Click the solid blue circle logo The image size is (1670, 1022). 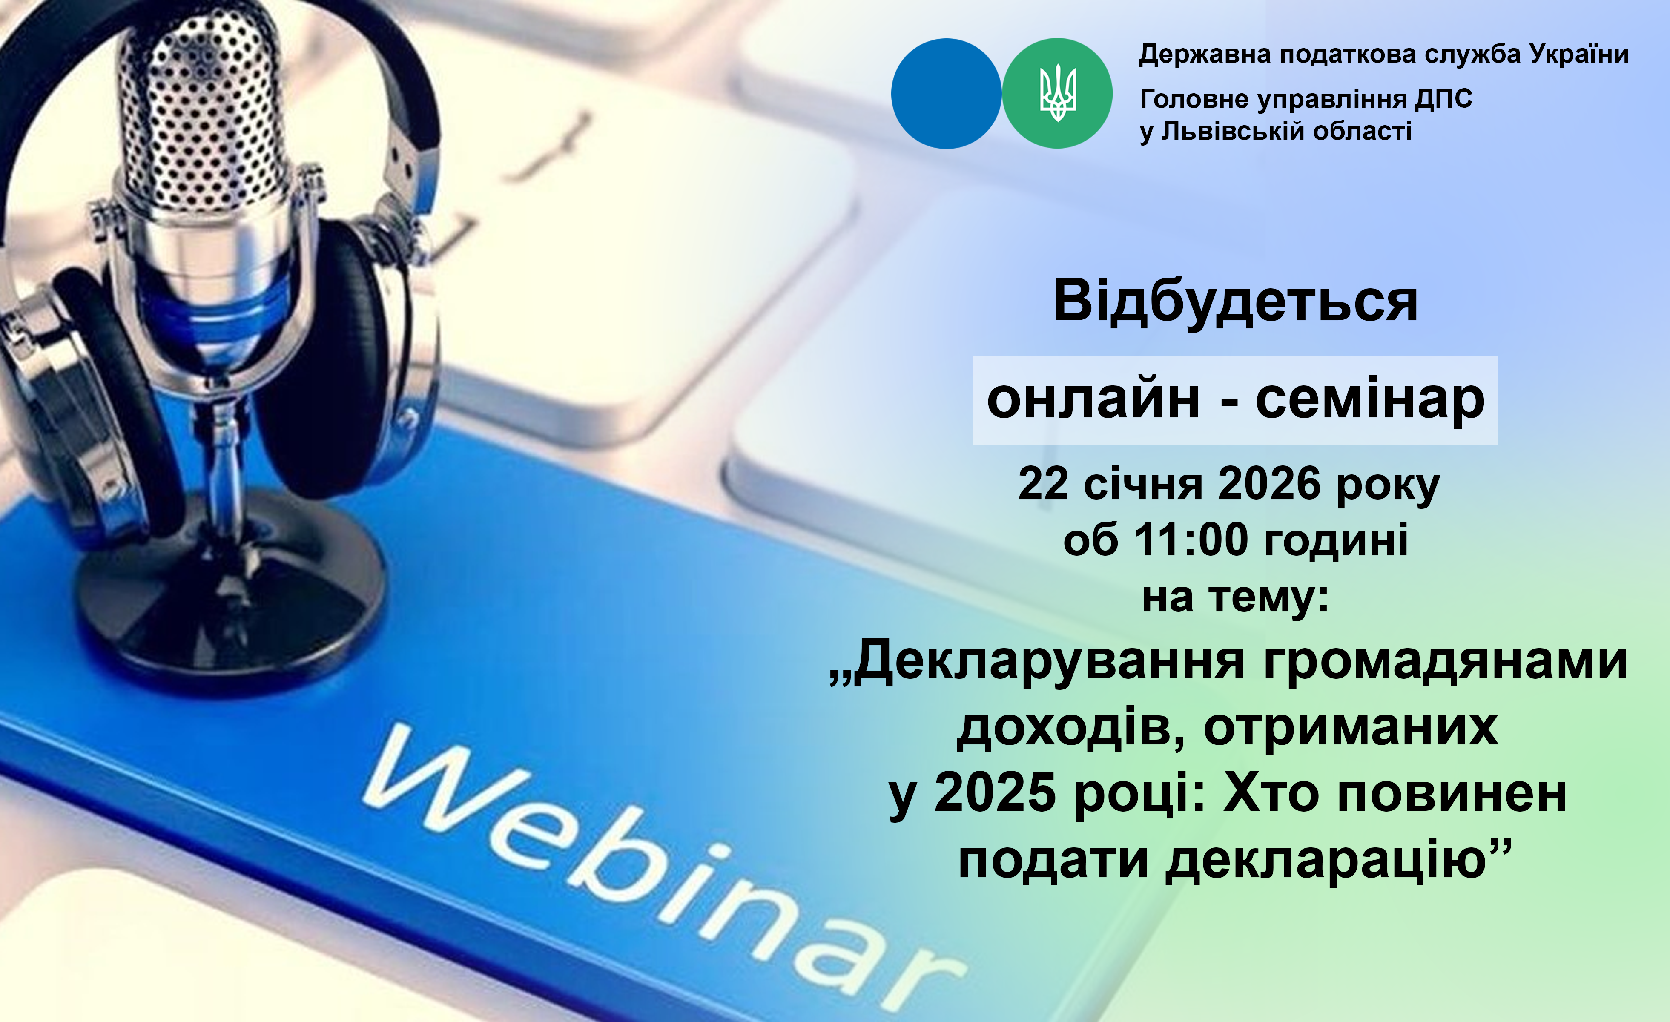(x=946, y=94)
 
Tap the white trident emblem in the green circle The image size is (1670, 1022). (x=1057, y=93)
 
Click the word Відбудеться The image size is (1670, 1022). (x=1235, y=301)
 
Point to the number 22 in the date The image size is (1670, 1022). (x=1043, y=484)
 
